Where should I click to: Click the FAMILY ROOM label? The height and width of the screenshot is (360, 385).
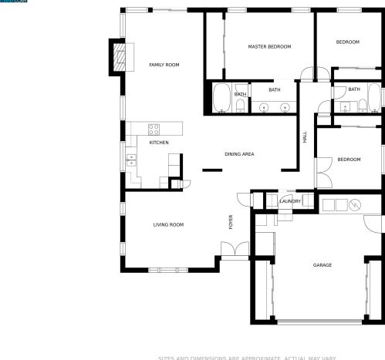coord(164,65)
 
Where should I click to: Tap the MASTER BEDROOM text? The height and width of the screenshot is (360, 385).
coord(269,47)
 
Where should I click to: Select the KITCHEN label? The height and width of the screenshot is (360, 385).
coord(159,143)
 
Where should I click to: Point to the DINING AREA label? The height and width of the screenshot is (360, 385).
coord(239,154)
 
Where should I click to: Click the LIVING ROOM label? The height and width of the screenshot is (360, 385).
coord(168,224)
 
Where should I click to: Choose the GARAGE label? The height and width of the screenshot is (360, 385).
coord(322,265)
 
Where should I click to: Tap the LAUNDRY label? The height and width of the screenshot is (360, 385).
coord(290,201)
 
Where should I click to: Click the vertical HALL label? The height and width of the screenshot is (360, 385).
coord(305,137)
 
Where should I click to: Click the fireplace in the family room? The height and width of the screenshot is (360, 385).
coord(120,58)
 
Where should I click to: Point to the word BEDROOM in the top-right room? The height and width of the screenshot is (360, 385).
coord(348,42)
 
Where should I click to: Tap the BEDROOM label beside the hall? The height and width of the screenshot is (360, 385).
coord(349,160)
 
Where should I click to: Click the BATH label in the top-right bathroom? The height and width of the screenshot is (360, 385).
coord(353,89)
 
